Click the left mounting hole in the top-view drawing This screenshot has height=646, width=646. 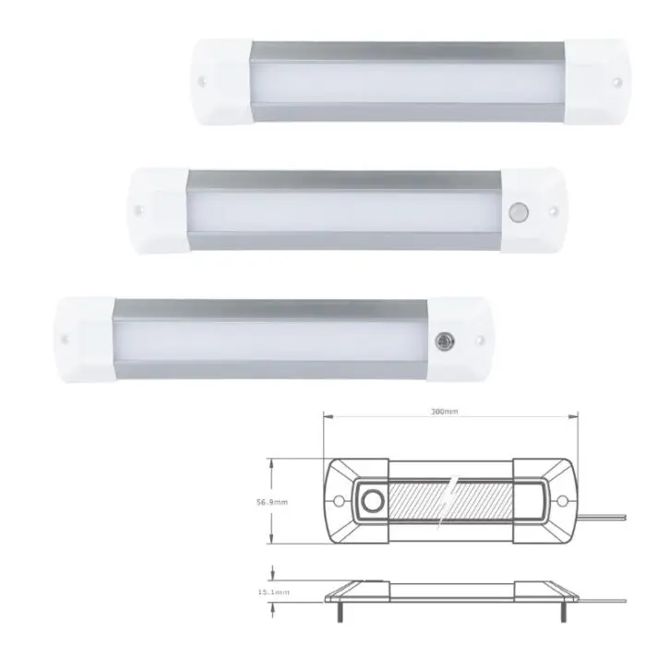[x=338, y=504]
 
